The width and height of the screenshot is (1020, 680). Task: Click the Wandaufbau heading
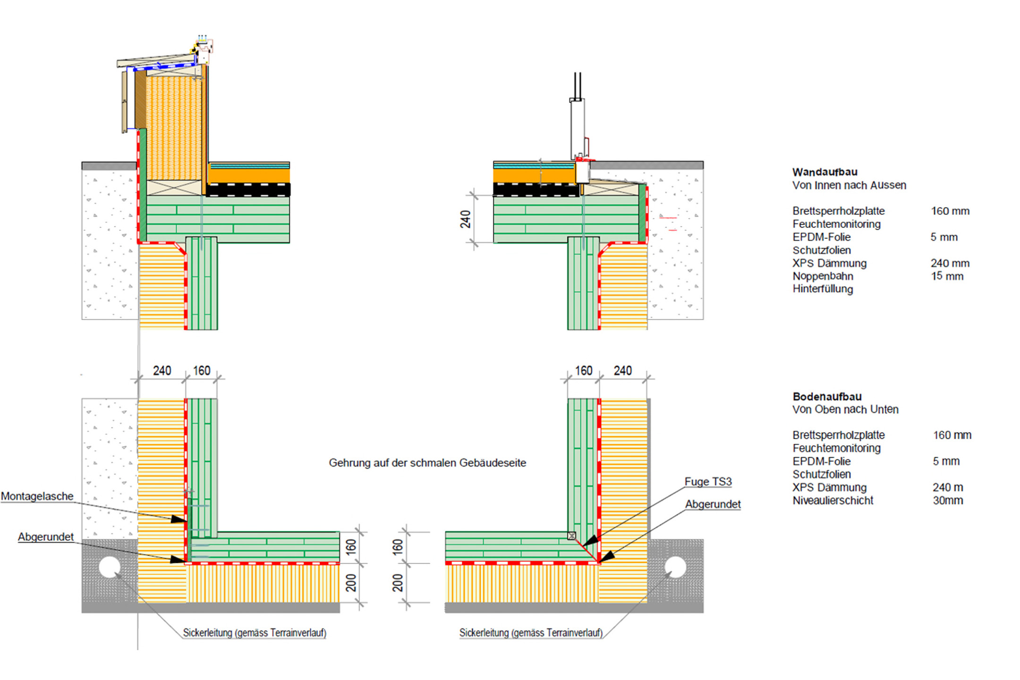click(x=824, y=172)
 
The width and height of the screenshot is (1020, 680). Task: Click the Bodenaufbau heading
click(x=827, y=397)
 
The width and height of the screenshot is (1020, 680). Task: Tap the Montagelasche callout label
click(x=37, y=496)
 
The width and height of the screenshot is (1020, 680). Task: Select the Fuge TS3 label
click(x=708, y=482)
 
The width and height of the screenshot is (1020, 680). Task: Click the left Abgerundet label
click(x=46, y=537)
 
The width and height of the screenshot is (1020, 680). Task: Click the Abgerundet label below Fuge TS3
click(x=713, y=504)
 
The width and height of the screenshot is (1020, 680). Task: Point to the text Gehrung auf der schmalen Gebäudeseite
click(x=427, y=463)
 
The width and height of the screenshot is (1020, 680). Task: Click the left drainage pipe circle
click(x=110, y=567)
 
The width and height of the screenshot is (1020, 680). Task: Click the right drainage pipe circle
click(x=675, y=567)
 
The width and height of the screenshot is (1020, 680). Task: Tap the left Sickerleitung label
click(x=255, y=633)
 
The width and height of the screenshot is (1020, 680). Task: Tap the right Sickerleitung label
click(x=531, y=633)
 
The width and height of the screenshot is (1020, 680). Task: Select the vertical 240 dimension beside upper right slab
click(x=466, y=219)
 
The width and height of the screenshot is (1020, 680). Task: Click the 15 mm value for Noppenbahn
click(x=947, y=276)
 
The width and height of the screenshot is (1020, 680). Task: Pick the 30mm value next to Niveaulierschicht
click(x=948, y=501)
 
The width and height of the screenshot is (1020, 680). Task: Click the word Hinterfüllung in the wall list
click(x=823, y=289)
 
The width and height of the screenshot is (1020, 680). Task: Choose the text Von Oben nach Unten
click(x=845, y=409)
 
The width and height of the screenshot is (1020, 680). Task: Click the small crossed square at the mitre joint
click(x=571, y=535)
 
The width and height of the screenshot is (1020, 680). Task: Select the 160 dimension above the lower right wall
click(x=583, y=371)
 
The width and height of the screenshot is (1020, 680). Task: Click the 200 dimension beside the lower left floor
click(x=351, y=583)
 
